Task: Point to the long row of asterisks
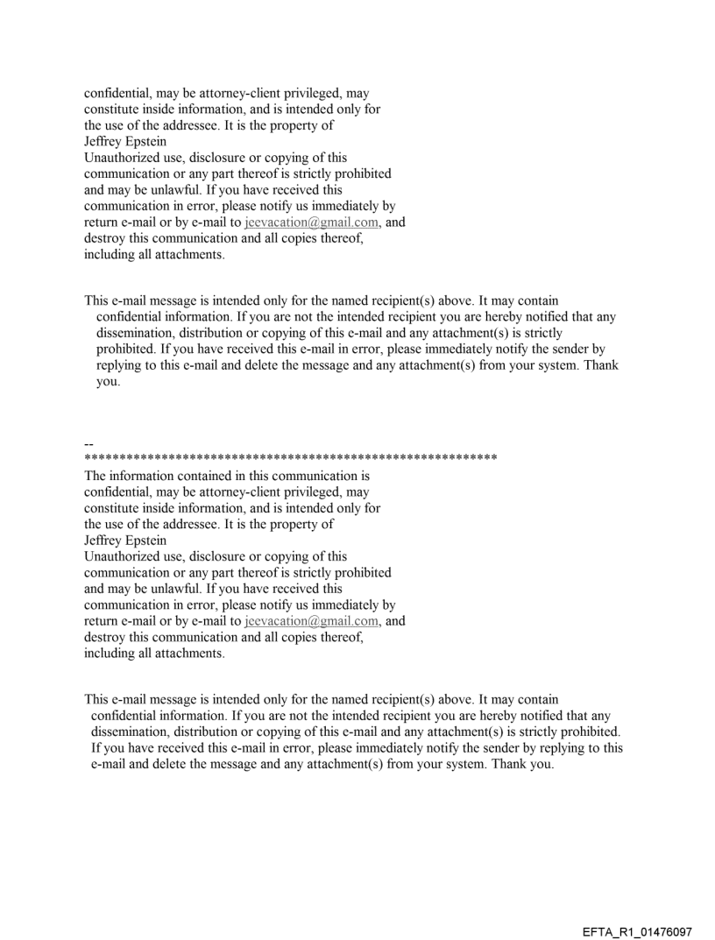click(290, 458)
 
